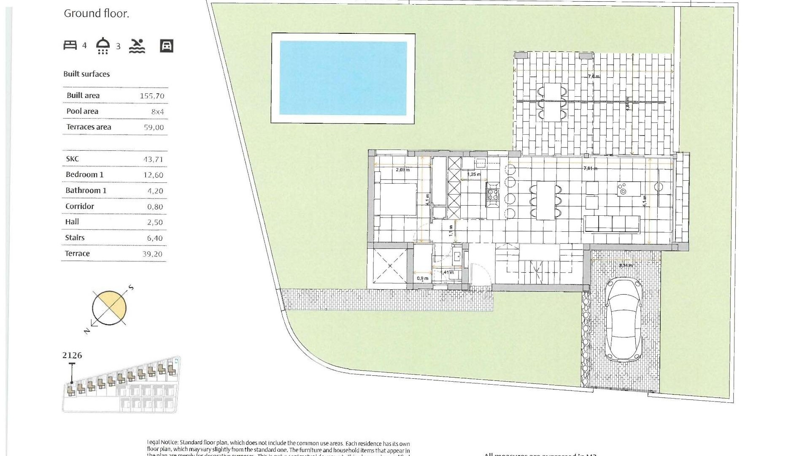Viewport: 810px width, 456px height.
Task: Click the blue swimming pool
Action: point(343,78)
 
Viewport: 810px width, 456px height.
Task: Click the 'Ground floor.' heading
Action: point(96,14)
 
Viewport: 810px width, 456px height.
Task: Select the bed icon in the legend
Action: point(70,45)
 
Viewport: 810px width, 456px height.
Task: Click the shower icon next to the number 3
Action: point(103,46)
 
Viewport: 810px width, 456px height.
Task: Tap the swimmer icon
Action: point(137,46)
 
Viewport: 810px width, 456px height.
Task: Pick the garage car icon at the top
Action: point(167,46)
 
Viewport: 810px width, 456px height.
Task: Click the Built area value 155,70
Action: point(152,96)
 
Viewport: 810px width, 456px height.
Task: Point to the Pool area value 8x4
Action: point(157,112)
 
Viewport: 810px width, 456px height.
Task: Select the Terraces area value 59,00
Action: point(154,128)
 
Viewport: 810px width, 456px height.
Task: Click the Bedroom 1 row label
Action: point(84,174)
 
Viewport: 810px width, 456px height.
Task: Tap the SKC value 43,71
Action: point(153,159)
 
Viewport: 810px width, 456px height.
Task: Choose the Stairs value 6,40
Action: point(155,238)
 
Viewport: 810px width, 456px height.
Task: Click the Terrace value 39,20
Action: point(152,254)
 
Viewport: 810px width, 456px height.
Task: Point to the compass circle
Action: point(109,308)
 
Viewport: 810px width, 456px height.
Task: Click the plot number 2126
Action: point(72,356)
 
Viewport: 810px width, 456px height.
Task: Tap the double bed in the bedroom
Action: point(397,199)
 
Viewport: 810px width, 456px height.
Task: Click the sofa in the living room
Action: point(612,224)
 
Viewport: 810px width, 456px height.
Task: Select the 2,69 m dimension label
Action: point(402,170)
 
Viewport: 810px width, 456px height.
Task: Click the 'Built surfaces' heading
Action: point(86,74)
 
